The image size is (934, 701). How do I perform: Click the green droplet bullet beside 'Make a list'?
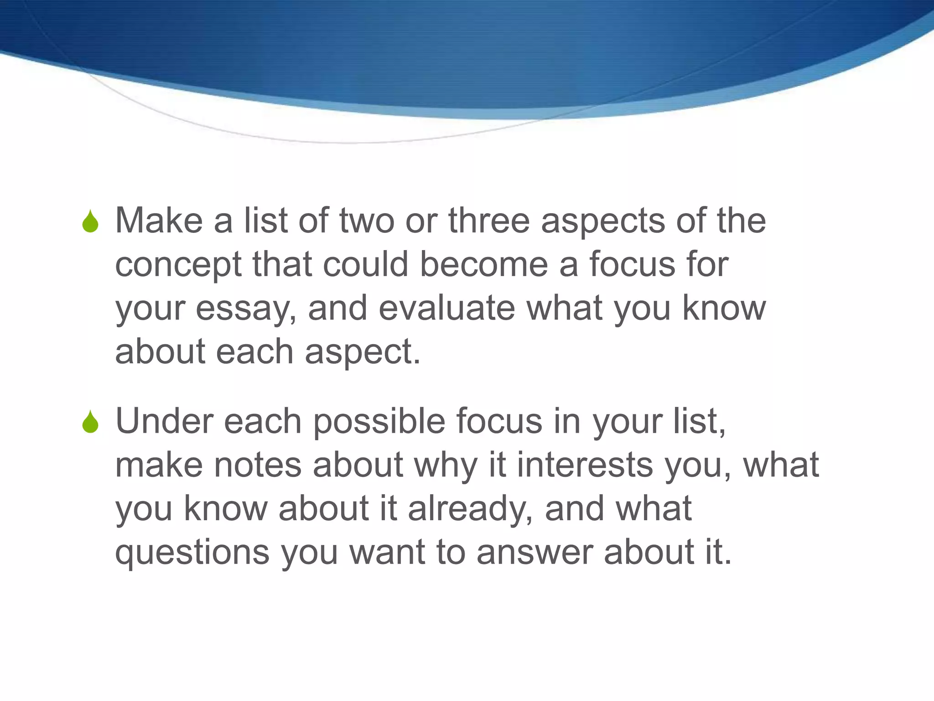(90, 222)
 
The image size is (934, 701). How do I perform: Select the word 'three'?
(489, 221)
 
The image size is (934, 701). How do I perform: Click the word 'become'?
(483, 265)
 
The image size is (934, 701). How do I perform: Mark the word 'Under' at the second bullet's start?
(163, 421)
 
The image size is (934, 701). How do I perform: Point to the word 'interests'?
(585, 465)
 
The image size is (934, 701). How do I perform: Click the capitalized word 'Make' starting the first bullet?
(159, 221)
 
